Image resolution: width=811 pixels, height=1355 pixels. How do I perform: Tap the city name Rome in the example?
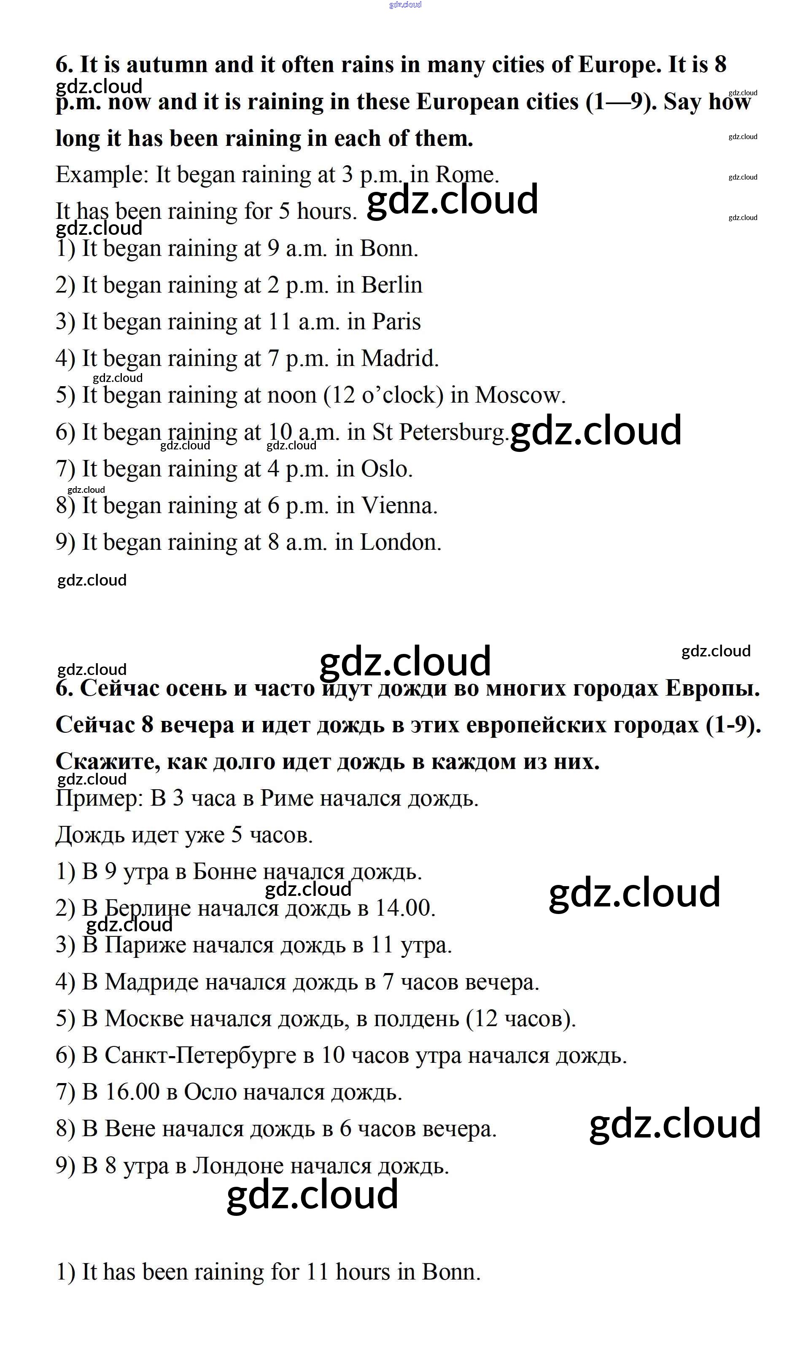[466, 175]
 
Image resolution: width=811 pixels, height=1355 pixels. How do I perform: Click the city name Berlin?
[392, 285]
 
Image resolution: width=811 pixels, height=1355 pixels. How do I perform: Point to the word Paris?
[396, 322]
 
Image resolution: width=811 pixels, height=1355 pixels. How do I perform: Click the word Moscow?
[519, 395]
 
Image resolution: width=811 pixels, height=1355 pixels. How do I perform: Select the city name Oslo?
[386, 468]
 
